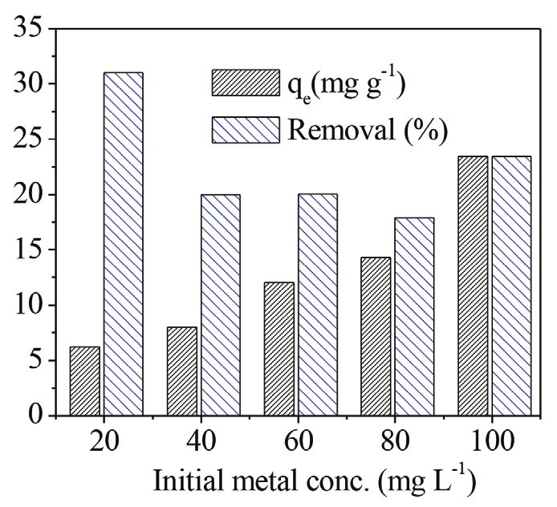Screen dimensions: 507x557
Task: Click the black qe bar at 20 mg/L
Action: (85, 381)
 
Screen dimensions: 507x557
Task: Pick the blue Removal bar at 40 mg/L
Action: (220, 305)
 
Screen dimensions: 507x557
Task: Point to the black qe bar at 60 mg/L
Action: (279, 349)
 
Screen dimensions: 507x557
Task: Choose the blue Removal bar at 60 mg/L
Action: (317, 305)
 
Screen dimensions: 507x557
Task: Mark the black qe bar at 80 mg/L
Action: (376, 336)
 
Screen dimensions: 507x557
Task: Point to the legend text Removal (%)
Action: (356, 128)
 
